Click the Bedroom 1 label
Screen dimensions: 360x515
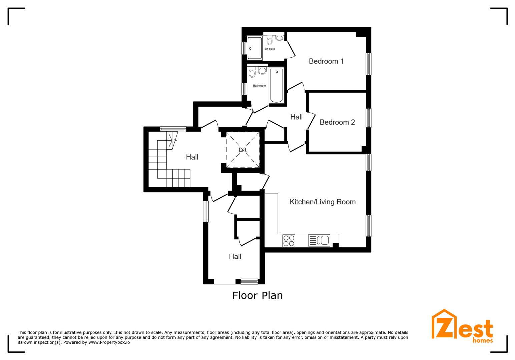click(326, 61)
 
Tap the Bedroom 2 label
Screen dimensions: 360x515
click(337, 122)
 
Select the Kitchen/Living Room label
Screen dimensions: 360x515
click(322, 202)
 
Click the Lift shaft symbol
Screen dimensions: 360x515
click(243, 150)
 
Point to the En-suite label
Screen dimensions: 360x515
click(270, 49)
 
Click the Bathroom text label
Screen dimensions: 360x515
click(259, 86)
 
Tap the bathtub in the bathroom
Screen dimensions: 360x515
click(277, 85)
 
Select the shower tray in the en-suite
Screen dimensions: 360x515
click(255, 48)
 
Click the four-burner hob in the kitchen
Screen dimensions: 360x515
click(289, 240)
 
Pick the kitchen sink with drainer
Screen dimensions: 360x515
click(319, 240)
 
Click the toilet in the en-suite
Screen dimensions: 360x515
click(270, 40)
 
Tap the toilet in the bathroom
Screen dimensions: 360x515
click(252, 72)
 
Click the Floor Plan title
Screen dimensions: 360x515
click(257, 295)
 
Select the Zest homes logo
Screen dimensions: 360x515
click(462, 327)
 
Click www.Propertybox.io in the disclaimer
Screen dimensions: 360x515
click(109, 342)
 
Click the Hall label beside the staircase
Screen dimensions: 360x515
click(192, 157)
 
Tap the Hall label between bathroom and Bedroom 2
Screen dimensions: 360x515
click(296, 117)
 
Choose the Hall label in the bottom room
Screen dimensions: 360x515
click(235, 256)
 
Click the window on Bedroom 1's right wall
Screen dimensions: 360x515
click(369, 64)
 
